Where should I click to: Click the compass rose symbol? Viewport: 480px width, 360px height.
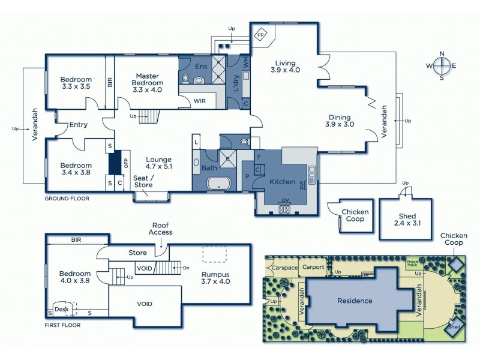442,66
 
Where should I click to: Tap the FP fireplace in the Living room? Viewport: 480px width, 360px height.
260,35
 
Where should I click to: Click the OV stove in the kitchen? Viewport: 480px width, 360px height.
284,209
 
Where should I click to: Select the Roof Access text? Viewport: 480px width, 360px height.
161,229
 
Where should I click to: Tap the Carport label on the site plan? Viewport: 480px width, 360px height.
313,267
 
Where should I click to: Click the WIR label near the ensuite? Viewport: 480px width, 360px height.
199,101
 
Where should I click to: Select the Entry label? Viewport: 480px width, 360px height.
78,125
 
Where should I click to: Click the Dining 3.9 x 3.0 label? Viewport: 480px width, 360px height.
339,121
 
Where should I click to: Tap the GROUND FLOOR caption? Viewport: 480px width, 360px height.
67,198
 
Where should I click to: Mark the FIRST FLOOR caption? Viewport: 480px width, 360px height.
63,325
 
